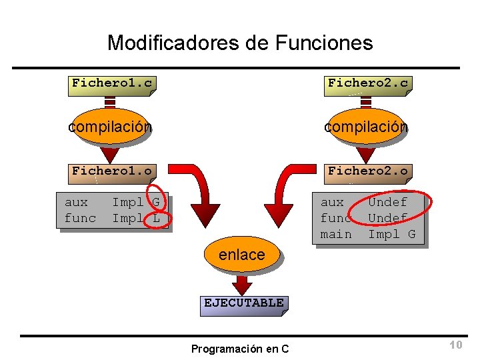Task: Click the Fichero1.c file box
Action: (112, 84)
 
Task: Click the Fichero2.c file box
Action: (367, 84)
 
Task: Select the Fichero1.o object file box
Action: (112, 171)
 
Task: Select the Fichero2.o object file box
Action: (367, 171)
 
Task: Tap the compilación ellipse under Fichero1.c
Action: (111, 127)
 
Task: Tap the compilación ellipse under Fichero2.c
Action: (366, 127)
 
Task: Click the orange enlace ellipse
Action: (241, 255)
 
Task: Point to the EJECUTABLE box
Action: (244, 303)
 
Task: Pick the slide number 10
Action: (456, 345)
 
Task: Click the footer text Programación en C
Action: (240, 349)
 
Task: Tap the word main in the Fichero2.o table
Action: (336, 234)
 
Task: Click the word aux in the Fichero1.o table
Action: (76, 202)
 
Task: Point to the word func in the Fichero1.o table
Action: (80, 218)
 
